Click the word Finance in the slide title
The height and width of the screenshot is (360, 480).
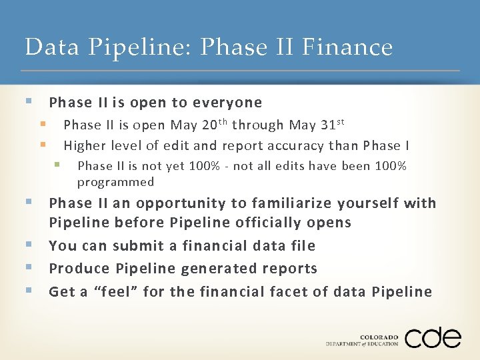347,47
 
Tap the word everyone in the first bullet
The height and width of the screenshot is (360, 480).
227,103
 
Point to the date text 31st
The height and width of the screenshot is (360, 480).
333,125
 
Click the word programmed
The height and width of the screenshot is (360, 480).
115,182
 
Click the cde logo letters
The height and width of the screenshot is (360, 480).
432,337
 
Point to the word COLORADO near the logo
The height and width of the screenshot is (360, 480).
379,337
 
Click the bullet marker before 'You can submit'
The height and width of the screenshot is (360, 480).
29,245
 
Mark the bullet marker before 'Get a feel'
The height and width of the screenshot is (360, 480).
29,291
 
